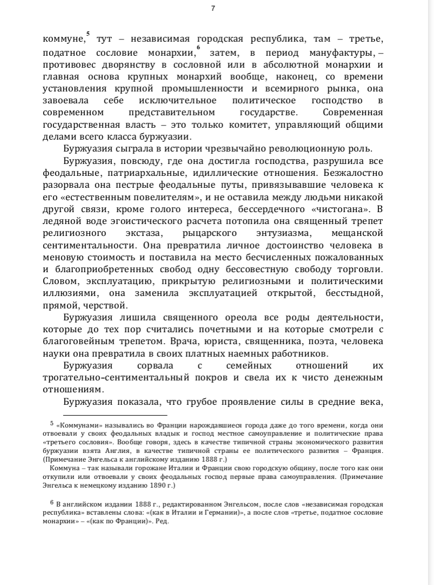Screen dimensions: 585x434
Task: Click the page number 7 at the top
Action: tap(213, 8)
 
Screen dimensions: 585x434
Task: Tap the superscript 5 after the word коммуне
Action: tap(88, 35)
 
